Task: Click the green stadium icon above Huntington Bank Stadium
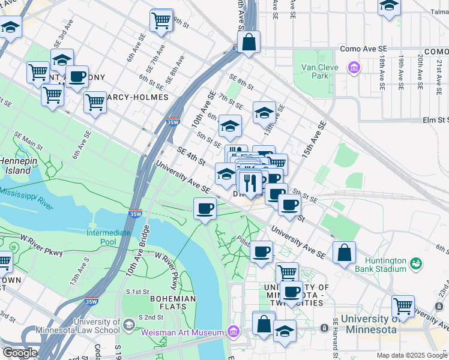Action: [415, 263]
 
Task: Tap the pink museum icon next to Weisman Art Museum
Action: [234, 332]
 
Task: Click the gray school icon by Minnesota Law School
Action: [128, 325]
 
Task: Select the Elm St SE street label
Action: [428, 120]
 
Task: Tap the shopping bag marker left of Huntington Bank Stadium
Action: [344, 253]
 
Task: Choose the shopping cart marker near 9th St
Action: [161, 20]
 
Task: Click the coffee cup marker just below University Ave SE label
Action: [205, 209]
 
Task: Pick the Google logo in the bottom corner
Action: [20, 352]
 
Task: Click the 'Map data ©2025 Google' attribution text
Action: [412, 355]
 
